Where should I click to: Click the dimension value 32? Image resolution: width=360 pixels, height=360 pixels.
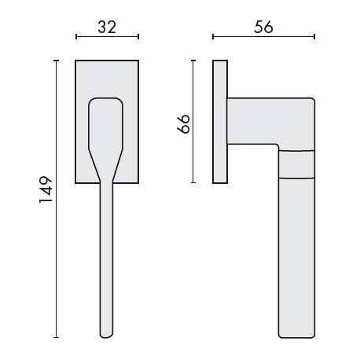[x=107, y=26]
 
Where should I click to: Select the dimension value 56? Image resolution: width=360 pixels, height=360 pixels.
[x=263, y=26]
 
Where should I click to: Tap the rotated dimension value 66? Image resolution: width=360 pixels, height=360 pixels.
[x=184, y=123]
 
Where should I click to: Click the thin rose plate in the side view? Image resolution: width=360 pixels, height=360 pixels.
[x=220, y=122]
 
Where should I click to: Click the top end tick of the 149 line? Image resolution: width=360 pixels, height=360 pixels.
[x=56, y=61]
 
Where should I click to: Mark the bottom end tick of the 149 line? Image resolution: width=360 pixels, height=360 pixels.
[x=56, y=338]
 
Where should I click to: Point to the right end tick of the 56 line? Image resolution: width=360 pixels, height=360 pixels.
[x=314, y=36]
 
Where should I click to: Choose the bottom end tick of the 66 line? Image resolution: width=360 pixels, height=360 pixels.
[x=194, y=183]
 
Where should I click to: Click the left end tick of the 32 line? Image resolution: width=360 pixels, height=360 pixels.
[x=76, y=36]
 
